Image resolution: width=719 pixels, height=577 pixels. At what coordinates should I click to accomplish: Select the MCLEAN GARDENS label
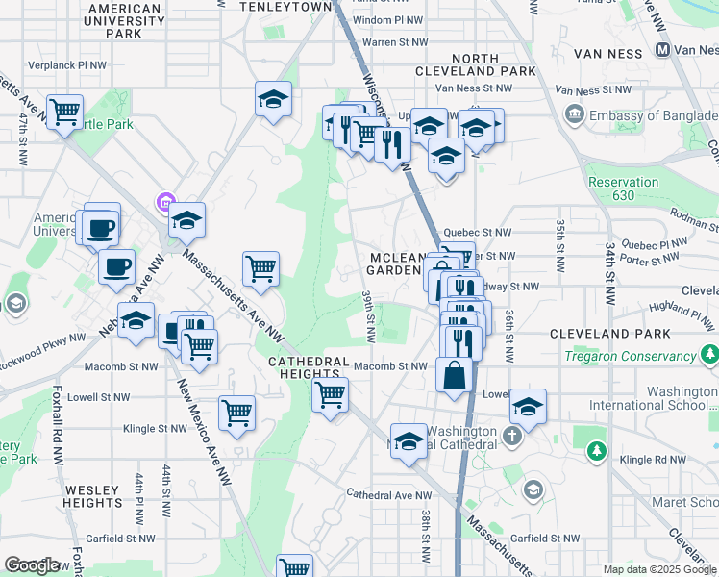click(x=396, y=264)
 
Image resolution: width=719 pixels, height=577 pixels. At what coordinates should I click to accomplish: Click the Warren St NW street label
click(x=393, y=42)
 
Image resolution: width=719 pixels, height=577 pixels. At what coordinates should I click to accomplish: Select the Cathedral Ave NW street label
click(x=389, y=495)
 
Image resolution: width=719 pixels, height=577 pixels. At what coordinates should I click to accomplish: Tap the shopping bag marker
click(x=453, y=375)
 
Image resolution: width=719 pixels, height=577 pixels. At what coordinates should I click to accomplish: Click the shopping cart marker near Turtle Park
click(x=64, y=113)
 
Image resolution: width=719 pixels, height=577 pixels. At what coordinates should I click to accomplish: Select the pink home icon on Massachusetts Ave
click(x=164, y=203)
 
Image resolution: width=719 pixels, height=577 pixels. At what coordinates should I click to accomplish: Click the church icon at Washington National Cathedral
click(x=512, y=436)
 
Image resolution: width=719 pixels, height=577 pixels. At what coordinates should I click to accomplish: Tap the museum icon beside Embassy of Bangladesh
click(x=575, y=115)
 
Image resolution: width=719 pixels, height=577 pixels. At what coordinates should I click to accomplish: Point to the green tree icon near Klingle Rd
click(x=598, y=450)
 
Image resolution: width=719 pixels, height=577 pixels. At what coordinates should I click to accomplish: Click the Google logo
click(x=33, y=565)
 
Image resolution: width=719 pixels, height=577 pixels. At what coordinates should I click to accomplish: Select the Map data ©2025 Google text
click(x=658, y=569)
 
